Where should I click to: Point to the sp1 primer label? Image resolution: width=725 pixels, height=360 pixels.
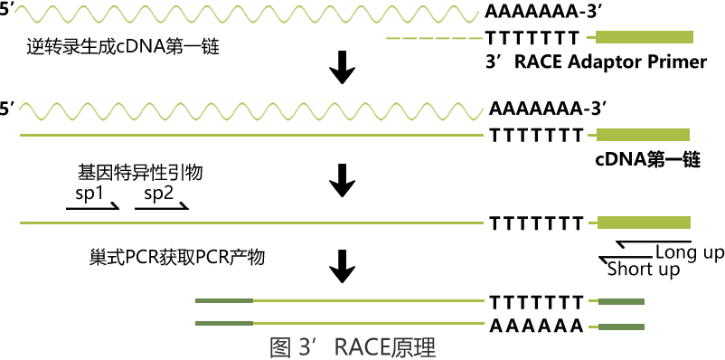(x=89, y=193)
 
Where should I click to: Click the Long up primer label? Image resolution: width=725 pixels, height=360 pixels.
(x=689, y=251)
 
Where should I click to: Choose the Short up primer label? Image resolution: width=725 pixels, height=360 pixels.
(x=644, y=270)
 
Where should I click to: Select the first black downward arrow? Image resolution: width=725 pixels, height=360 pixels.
(x=342, y=68)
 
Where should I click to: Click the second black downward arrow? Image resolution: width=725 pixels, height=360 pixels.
(x=342, y=179)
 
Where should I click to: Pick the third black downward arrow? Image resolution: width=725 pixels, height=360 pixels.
(x=342, y=265)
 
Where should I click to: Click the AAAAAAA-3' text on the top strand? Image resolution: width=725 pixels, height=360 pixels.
(x=544, y=13)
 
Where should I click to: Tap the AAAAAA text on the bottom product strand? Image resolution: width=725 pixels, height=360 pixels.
(x=536, y=326)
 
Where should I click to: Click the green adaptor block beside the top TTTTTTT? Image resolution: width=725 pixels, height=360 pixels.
(x=644, y=37)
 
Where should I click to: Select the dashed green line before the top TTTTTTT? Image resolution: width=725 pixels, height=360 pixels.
(x=432, y=38)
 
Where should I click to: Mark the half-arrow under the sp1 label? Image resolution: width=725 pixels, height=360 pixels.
(x=93, y=208)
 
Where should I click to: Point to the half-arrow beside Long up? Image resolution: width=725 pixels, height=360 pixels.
(x=633, y=244)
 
